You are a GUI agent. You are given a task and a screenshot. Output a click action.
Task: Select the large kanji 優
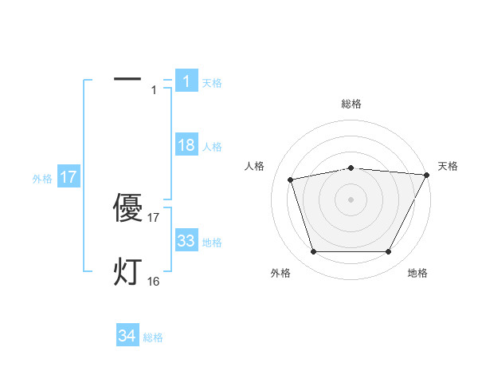[x=127, y=209]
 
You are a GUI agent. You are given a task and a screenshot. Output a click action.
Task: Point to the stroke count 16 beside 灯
[x=153, y=281]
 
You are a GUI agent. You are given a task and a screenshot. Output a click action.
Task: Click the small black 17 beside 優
[x=154, y=217]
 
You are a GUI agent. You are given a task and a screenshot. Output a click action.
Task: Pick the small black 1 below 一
[x=154, y=90]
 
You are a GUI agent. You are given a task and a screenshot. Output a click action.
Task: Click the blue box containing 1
[x=186, y=81]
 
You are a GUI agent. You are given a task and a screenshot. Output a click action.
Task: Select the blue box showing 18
[x=186, y=145]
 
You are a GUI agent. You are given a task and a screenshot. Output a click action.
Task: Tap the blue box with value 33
[x=186, y=241]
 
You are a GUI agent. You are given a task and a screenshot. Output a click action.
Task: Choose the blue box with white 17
[x=69, y=177]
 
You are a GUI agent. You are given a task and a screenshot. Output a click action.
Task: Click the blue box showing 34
[x=127, y=336]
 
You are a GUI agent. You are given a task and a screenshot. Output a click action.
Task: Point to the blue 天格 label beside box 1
[x=212, y=82]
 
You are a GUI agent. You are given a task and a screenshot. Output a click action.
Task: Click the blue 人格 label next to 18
[x=212, y=147]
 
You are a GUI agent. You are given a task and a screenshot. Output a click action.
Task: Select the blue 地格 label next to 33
[x=212, y=243]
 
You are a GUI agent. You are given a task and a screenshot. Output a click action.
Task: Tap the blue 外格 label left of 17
[x=42, y=179]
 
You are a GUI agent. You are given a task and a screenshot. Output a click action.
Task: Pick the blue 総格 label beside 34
[x=153, y=337]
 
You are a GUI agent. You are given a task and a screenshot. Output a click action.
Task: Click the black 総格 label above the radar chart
[x=351, y=104]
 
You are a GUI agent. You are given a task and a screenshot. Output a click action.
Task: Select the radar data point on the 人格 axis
[x=290, y=179]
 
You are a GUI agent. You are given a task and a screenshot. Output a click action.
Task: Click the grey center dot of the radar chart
[x=351, y=199]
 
